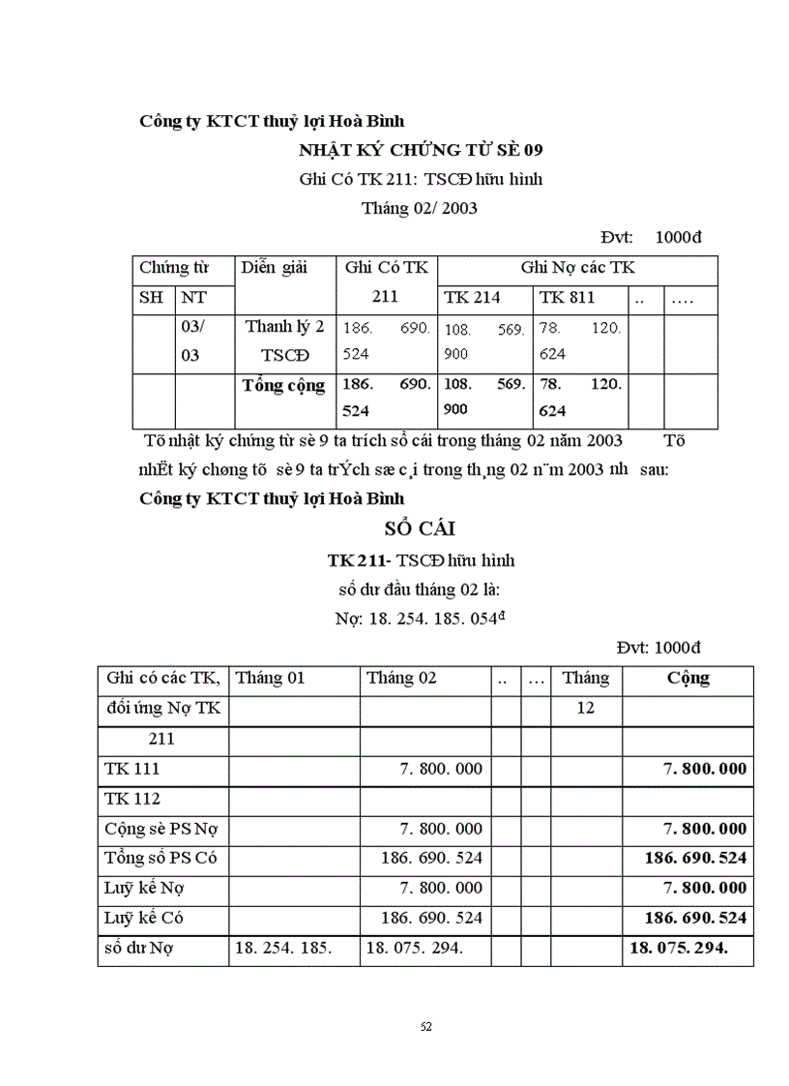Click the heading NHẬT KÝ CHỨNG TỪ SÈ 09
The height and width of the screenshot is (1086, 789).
[420, 150]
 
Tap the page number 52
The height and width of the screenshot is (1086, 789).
[426, 1026]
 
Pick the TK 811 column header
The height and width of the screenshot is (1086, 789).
[567, 297]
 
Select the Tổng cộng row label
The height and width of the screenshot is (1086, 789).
[283, 385]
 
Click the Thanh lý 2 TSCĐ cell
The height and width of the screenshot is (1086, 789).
[283, 339]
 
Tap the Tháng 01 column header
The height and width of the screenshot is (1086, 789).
[271, 678]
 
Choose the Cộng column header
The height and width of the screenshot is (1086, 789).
[687, 678]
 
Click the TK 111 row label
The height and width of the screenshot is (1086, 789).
[132, 769]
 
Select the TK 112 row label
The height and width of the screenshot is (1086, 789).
[132, 799]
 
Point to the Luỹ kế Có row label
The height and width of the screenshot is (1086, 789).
[148, 918]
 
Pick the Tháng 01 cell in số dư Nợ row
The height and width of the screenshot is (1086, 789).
[282, 948]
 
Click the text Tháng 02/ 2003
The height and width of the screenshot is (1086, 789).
[420, 208]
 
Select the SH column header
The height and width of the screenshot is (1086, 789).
[151, 297]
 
